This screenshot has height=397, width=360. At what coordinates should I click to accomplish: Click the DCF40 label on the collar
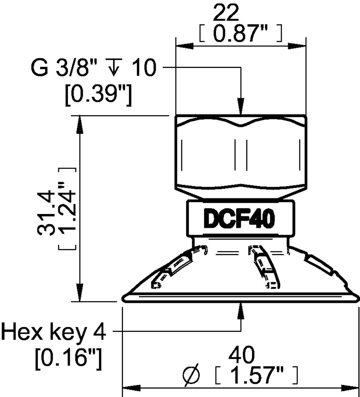240,219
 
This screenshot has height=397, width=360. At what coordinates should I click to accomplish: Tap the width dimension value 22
226,15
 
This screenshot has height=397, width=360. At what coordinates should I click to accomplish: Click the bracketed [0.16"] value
68,359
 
